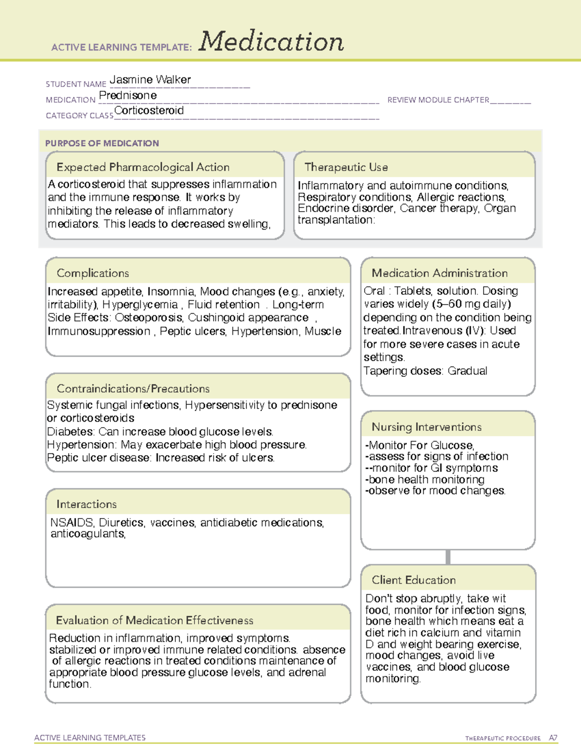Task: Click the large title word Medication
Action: point(271,42)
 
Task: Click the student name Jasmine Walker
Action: point(150,79)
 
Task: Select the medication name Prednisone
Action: point(128,95)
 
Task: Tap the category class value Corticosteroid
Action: point(149,110)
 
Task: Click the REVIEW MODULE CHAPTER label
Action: point(438,100)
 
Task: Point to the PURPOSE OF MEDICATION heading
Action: point(102,143)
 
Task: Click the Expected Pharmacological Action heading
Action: point(143,167)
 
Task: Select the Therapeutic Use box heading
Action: point(346,167)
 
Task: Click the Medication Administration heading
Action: point(440,273)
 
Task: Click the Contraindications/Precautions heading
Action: point(133,388)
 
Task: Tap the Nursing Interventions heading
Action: point(427,427)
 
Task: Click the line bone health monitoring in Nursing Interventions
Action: point(425,479)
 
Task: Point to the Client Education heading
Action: point(413,580)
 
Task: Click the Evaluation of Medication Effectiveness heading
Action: point(154,620)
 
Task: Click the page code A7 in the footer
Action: point(553,738)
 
